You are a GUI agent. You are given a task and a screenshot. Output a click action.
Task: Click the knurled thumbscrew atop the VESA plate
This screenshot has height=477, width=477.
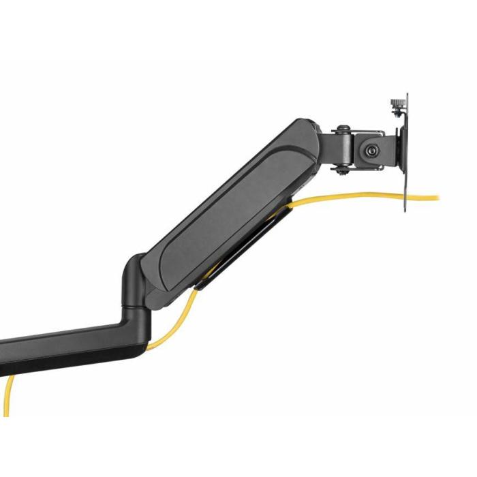click(x=395, y=106)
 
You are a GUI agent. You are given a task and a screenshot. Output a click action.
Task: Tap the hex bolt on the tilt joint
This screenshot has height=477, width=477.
click(x=371, y=150)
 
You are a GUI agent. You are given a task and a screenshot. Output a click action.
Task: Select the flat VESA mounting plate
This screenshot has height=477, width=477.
click(x=407, y=153)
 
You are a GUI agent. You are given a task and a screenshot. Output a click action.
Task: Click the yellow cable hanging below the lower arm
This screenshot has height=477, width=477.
click(x=8, y=395)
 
